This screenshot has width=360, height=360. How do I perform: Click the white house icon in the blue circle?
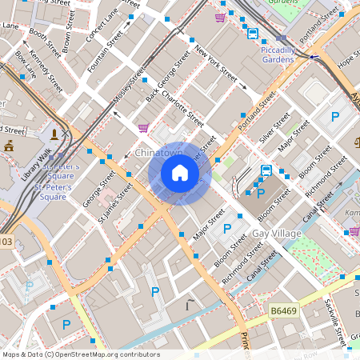[x=180, y=173]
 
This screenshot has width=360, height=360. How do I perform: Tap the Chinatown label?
[x=159, y=152]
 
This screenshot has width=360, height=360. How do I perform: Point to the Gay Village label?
[x=276, y=233]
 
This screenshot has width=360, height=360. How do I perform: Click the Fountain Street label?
[x=105, y=50]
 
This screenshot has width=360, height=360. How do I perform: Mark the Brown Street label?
[x=70, y=26]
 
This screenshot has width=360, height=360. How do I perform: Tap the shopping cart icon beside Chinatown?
[x=143, y=127]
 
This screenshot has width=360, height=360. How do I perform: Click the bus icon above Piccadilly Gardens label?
[x=253, y=34]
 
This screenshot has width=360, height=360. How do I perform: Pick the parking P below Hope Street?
[x=334, y=116]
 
